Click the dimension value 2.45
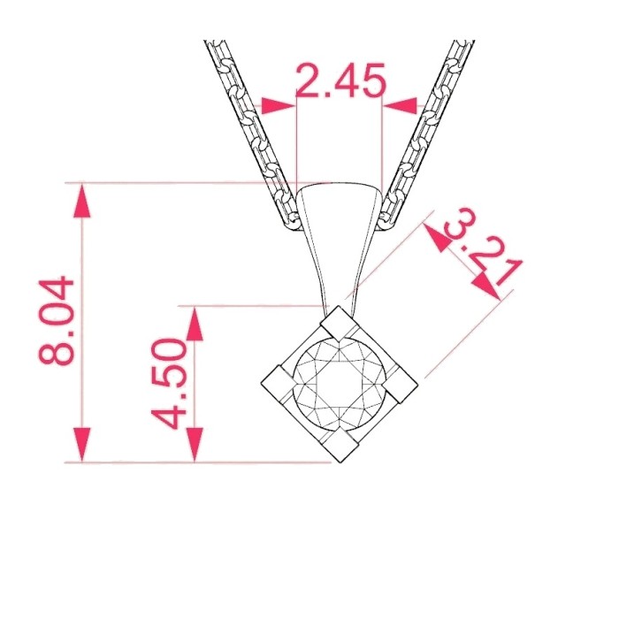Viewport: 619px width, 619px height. [340, 80]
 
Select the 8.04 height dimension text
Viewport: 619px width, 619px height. [56, 321]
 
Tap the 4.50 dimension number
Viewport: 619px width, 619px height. [168, 384]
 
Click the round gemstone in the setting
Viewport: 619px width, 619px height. [340, 384]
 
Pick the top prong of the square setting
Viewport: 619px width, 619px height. [336, 323]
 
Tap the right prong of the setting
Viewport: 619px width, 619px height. [401, 386]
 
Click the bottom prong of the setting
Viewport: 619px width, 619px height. [340, 446]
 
